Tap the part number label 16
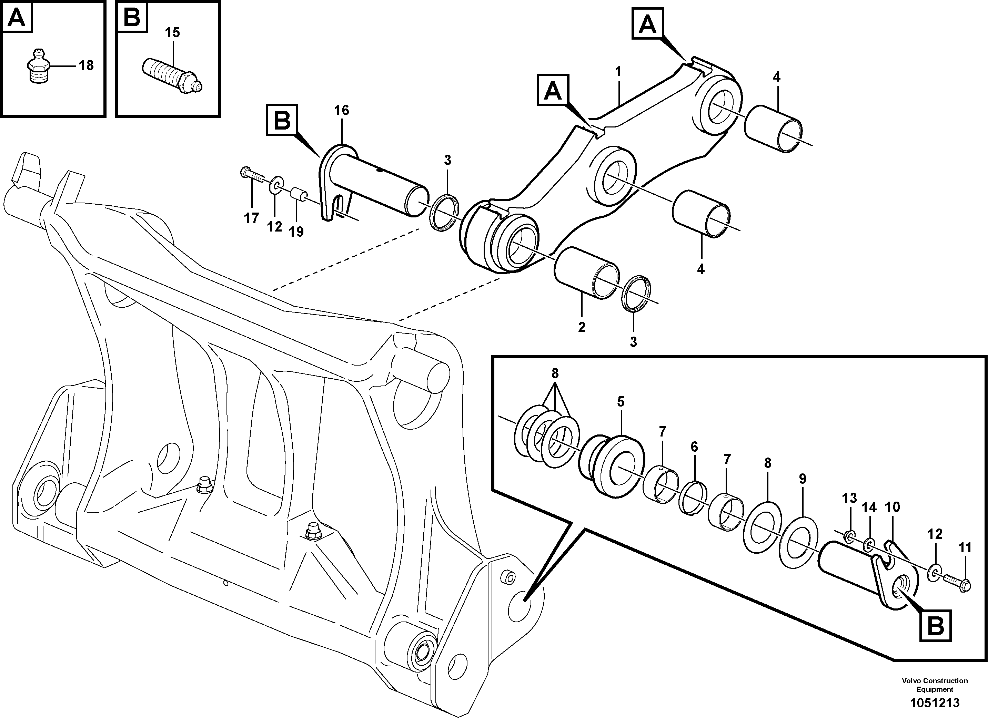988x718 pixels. (342, 111)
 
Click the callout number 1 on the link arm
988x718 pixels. (618, 71)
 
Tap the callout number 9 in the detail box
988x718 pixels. (803, 479)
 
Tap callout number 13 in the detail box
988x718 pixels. (849, 498)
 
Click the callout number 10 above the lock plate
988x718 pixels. (892, 507)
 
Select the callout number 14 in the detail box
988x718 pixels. (869, 507)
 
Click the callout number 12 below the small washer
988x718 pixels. (274, 226)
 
